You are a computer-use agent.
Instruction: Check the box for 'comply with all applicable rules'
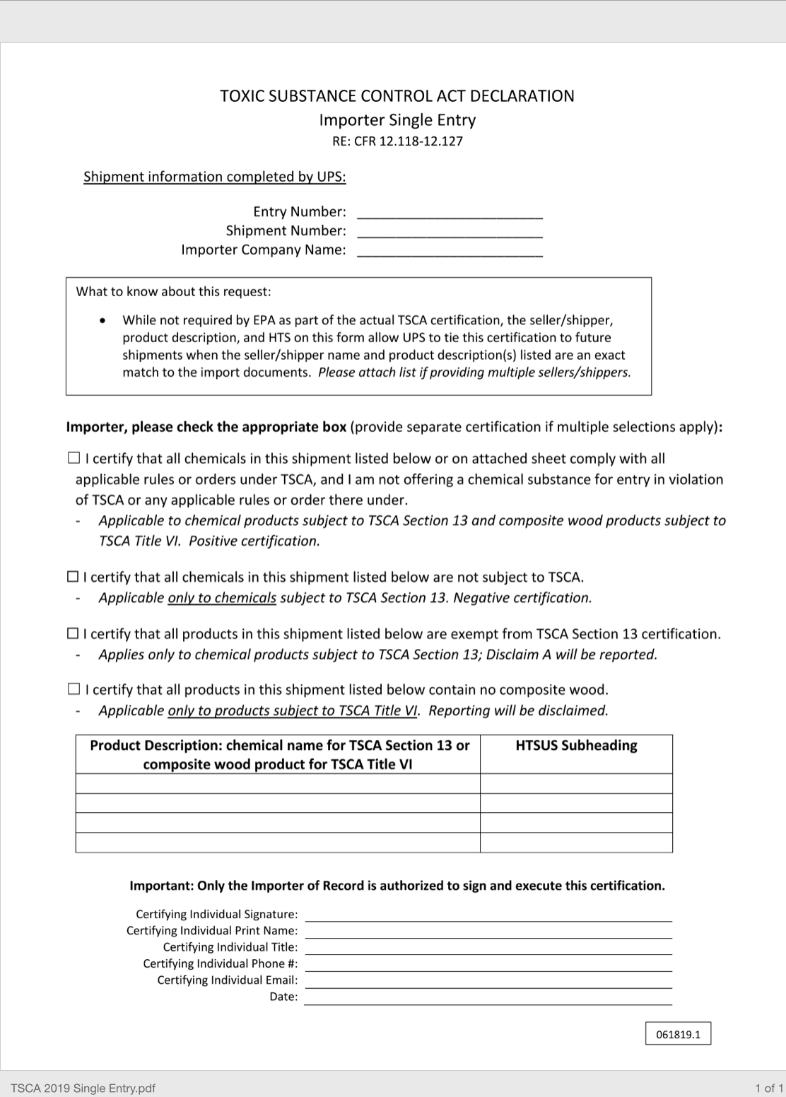(x=74, y=458)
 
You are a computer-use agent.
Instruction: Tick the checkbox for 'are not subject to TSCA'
(x=73, y=577)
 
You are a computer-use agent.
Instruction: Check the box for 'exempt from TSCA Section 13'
(x=73, y=633)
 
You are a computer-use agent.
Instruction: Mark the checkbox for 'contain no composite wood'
(x=74, y=688)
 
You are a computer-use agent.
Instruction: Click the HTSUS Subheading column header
(x=576, y=746)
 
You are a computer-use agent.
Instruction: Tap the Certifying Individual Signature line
(x=488, y=915)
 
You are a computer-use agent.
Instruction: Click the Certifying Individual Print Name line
(x=488, y=932)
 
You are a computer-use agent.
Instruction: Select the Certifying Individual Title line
(x=488, y=948)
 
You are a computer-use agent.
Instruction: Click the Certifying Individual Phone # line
(x=488, y=964)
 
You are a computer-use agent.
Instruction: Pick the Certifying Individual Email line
(x=488, y=981)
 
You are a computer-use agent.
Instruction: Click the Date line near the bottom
(x=488, y=997)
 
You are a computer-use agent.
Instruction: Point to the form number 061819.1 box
(x=678, y=1034)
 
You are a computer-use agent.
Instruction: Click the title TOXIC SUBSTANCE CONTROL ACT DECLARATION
(x=397, y=96)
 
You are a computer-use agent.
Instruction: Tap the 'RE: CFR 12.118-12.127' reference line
(x=397, y=141)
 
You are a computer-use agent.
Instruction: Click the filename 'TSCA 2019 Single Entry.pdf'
(x=83, y=1088)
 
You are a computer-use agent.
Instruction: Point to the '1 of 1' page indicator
(x=768, y=1088)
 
